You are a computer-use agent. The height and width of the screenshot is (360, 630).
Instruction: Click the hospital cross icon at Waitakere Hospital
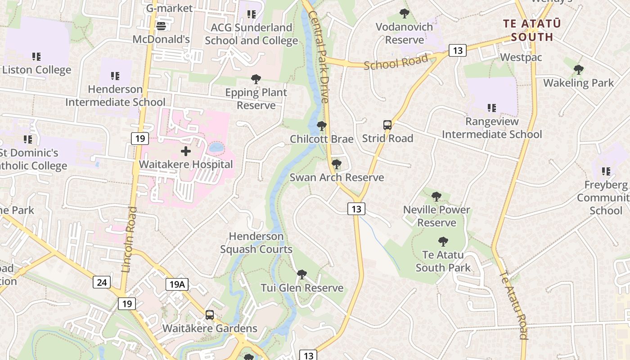[x=186, y=151]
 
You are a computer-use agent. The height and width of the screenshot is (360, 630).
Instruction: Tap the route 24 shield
[x=102, y=282]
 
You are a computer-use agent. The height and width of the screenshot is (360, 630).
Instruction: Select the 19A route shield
[x=176, y=284]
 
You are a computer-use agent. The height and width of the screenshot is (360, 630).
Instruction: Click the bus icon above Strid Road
[x=387, y=125]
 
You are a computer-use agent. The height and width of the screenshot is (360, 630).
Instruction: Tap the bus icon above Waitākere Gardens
[x=209, y=315]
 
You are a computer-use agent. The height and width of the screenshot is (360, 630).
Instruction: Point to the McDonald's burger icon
[x=161, y=26]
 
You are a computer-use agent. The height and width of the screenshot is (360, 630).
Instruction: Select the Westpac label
[x=521, y=58]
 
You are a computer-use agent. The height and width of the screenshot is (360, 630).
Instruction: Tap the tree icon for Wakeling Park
[x=578, y=70]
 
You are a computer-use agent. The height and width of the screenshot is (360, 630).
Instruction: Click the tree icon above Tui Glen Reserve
[x=302, y=274]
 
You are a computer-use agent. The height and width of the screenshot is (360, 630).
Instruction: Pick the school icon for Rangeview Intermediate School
[x=491, y=108]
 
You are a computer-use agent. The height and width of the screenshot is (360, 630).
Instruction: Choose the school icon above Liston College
[x=36, y=57]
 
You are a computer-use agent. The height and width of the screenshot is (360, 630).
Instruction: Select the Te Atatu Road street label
[x=514, y=305]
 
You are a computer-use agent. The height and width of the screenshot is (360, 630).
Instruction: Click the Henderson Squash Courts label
[x=256, y=243]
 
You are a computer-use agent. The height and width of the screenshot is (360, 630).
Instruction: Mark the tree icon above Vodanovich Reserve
[x=404, y=13]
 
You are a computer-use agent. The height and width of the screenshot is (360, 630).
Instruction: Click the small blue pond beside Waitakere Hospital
[x=216, y=147]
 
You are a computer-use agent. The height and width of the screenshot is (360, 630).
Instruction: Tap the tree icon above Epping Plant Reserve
[x=256, y=80]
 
